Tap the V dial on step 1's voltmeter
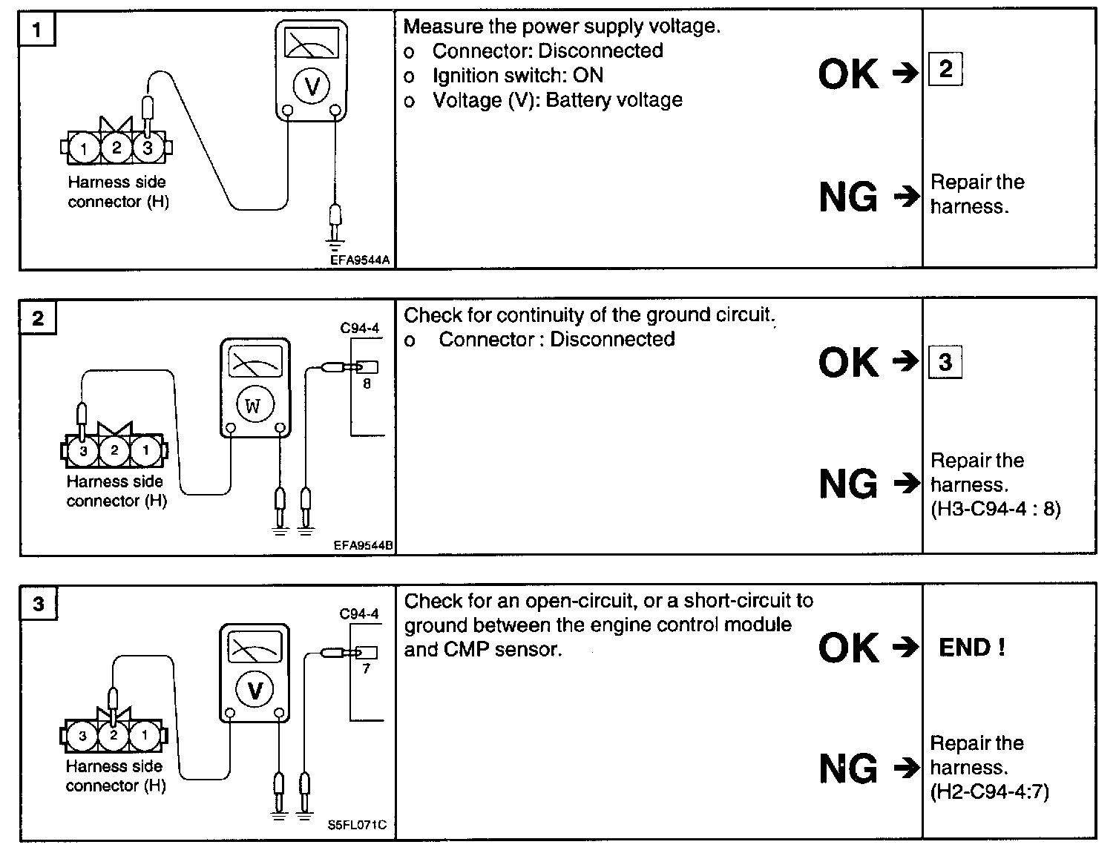point(312,87)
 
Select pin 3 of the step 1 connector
point(148,148)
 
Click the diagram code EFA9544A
point(361,260)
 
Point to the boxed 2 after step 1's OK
point(945,70)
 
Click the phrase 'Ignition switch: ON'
point(517,76)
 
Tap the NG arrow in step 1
point(905,197)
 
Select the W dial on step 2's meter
point(253,406)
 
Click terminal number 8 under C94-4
point(367,383)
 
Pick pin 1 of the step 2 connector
point(145,450)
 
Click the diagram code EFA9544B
point(363,545)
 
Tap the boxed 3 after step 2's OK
point(945,362)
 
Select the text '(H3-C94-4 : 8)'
point(995,509)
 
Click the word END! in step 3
point(972,648)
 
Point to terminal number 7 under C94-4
point(367,668)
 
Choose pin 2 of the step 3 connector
point(114,735)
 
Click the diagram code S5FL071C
point(357,824)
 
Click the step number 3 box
point(39,604)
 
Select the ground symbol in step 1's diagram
point(335,243)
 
